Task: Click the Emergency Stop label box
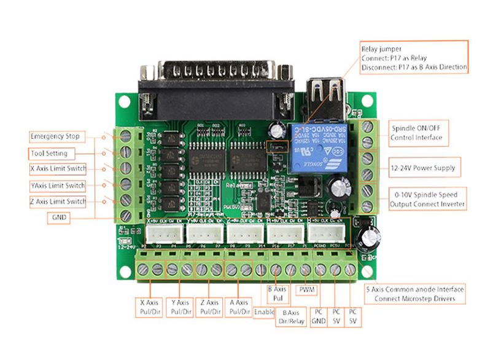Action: (58, 136)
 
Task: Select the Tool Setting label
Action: (57, 153)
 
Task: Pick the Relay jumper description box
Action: (414, 58)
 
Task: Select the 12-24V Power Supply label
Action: (418, 167)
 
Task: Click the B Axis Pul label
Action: (277, 293)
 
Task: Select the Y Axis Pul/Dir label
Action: (181, 307)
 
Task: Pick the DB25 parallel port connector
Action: (219, 83)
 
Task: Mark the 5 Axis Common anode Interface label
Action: (414, 293)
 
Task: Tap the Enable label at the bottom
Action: (265, 313)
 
